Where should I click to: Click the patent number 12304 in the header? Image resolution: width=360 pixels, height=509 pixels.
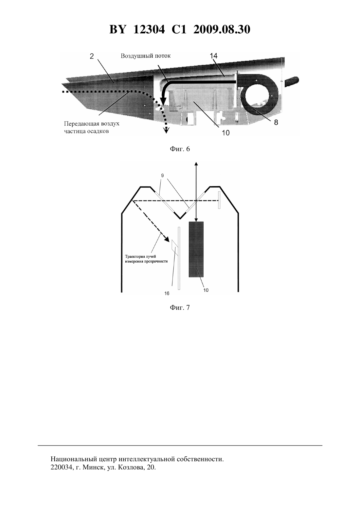pos(149,29)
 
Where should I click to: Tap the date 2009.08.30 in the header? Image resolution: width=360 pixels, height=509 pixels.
pos(222,29)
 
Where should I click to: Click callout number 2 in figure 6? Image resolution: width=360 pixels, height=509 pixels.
pos(92,56)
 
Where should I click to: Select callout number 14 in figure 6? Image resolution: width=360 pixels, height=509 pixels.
pos(214,56)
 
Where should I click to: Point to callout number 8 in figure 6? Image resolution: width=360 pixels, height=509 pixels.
pos(276,122)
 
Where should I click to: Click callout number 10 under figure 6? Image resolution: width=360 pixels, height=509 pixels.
pos(226,133)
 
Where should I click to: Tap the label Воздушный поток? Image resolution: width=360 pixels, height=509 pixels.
pos(145,56)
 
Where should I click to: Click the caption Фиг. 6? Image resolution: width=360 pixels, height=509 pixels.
pos(180,149)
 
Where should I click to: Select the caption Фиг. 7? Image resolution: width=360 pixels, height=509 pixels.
pos(180,308)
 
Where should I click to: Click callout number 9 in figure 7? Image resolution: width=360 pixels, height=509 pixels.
pos(163,175)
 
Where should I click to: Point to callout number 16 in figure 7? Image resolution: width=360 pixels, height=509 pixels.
pos(167,293)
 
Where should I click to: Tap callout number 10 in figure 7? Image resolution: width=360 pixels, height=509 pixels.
pos(206,290)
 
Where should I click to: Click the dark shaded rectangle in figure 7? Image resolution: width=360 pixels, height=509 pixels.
pos(196,249)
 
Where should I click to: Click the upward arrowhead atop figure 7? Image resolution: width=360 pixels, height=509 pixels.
pos(196,164)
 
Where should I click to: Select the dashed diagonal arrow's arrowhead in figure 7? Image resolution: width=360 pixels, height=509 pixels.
pos(167,239)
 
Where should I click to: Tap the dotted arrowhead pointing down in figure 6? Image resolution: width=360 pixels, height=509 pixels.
pos(167,131)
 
